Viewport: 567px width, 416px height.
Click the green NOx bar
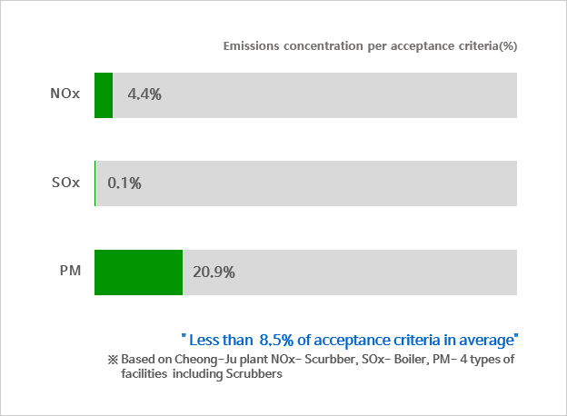tap(104, 94)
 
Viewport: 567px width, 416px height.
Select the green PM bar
tap(138, 271)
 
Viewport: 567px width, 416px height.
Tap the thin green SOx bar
tap(94, 183)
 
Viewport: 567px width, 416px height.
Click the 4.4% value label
tap(145, 94)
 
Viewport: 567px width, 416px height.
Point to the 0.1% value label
tap(124, 183)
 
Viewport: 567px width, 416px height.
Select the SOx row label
tap(66, 182)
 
